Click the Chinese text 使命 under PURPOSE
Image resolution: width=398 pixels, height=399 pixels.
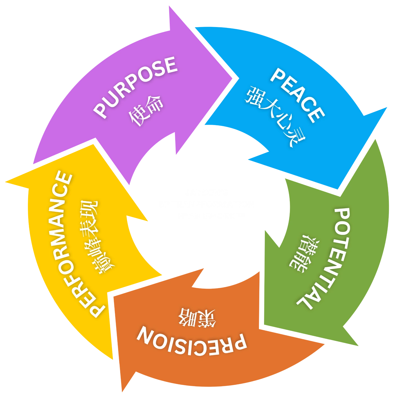[x=146, y=112]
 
